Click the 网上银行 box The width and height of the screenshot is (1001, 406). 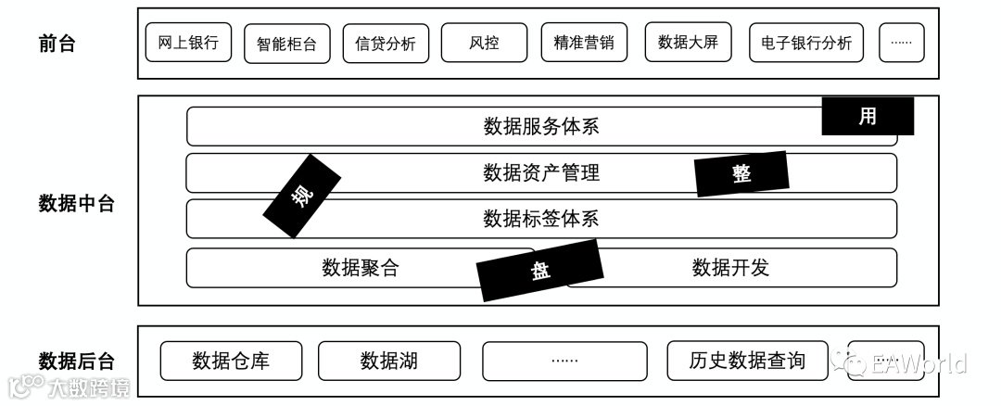tap(188, 43)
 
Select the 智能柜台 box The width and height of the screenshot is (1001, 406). tap(287, 44)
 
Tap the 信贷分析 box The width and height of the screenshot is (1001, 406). tap(386, 44)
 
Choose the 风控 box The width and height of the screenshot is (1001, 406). tap(484, 43)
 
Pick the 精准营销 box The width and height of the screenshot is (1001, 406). tap(584, 43)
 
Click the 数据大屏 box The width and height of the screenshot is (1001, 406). tap(688, 42)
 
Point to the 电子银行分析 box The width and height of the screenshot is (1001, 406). tap(806, 43)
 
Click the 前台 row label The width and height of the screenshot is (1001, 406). tap(57, 43)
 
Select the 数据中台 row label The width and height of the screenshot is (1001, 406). tap(77, 203)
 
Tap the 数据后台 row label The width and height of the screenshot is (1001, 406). tap(77, 361)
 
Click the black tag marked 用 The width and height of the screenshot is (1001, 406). tap(868, 117)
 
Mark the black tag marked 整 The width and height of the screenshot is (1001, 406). tap(742, 173)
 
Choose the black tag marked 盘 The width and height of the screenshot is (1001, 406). tap(539, 270)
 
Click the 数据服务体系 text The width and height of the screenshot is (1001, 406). tap(541, 126)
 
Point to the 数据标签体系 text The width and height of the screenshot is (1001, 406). tap(541, 219)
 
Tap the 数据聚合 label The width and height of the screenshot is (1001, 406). tap(361, 268)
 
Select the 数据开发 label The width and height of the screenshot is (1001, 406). tap(730, 268)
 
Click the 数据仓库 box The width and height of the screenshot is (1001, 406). tap(231, 361)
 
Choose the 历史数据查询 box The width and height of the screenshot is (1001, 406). tap(747, 361)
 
